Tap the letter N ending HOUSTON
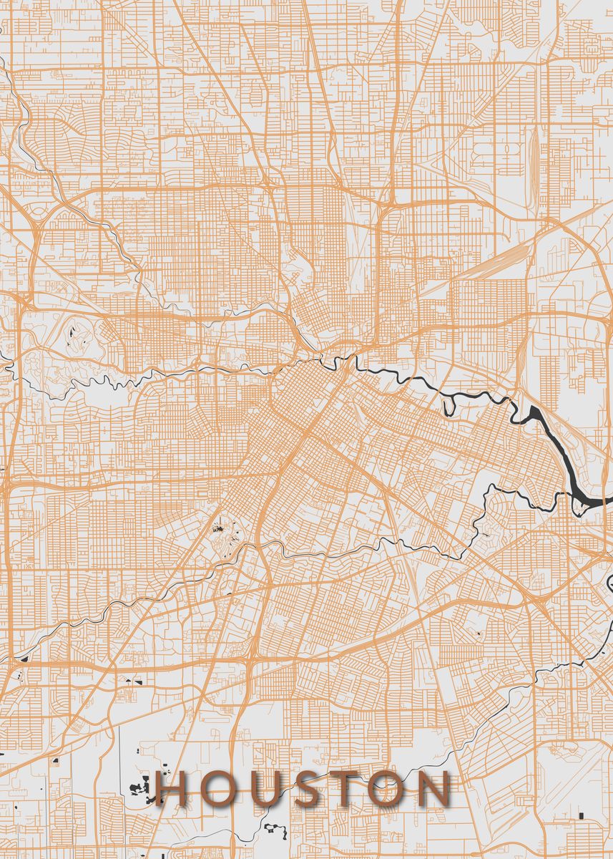[x=435, y=789]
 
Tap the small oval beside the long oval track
[x=509, y=151]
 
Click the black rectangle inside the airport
[x=581, y=816]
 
